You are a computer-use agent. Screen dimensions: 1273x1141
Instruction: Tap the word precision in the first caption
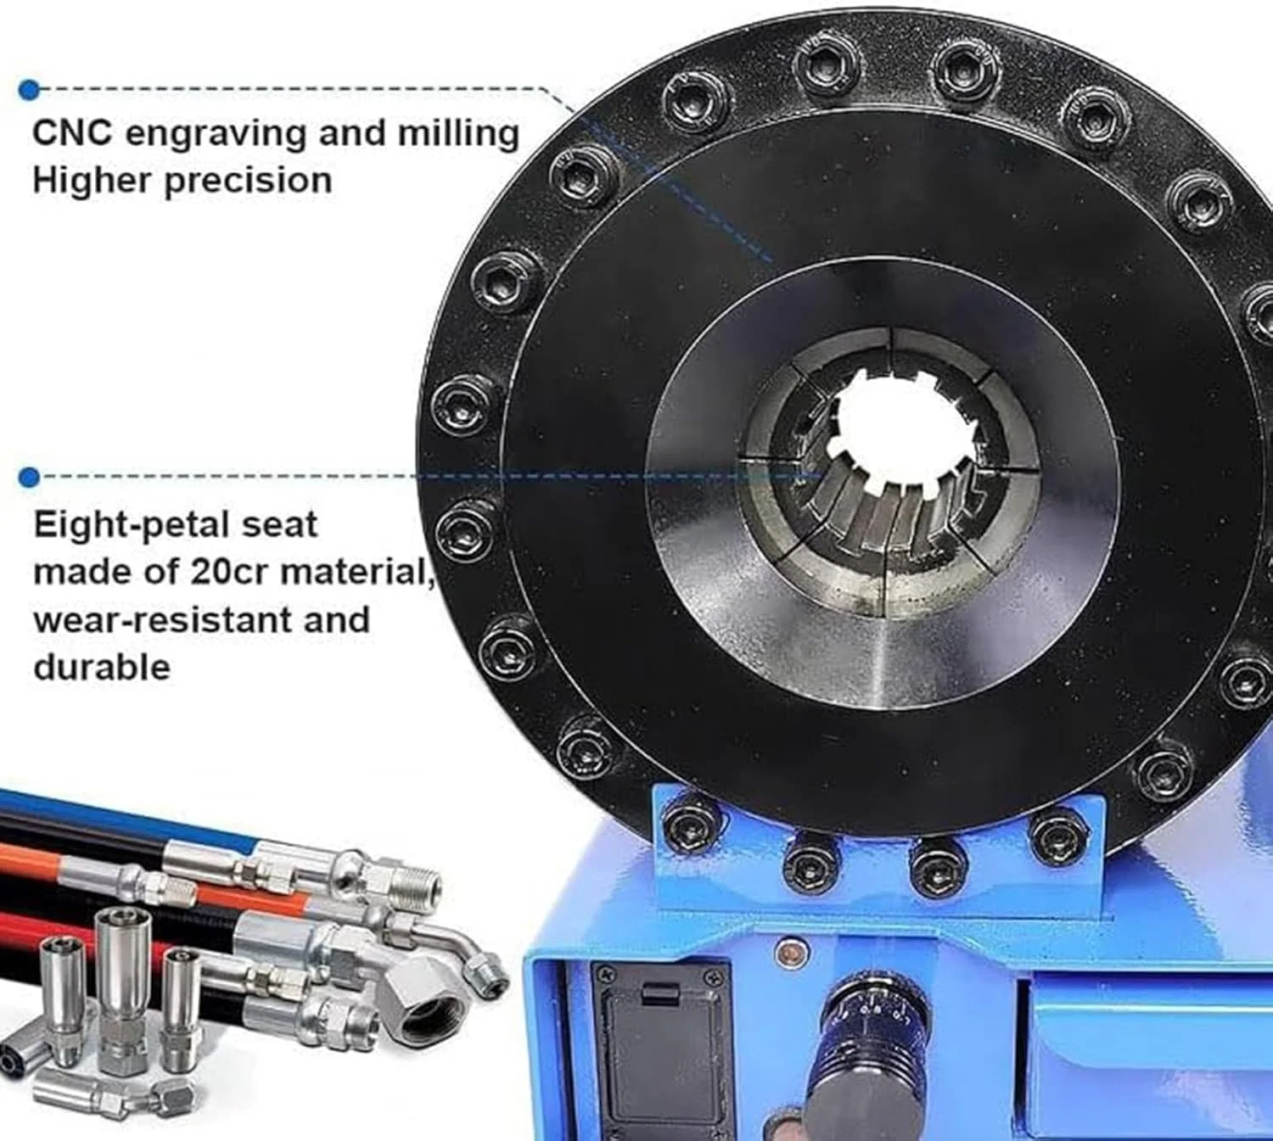[x=248, y=181]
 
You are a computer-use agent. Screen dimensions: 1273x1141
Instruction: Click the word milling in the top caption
[x=462, y=133]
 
